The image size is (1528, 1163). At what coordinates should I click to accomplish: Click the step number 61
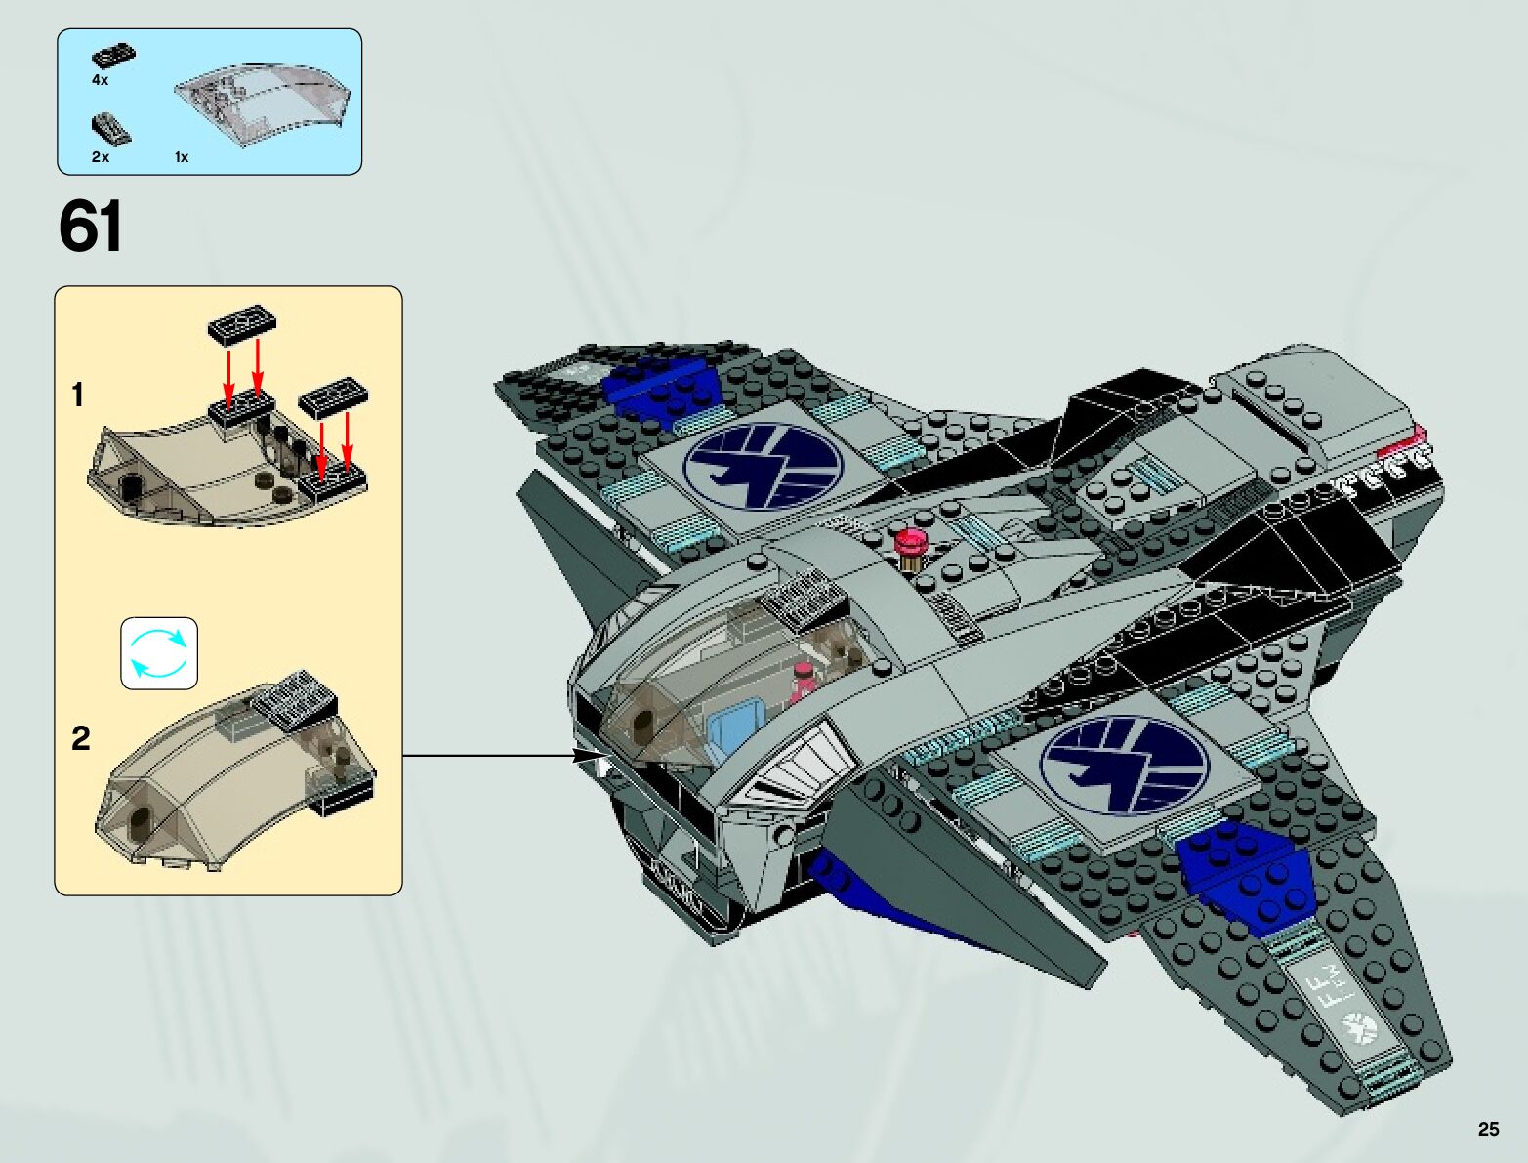pos(91,227)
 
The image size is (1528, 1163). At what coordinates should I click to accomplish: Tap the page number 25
pos(1488,1129)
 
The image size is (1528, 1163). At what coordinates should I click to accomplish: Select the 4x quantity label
pos(100,80)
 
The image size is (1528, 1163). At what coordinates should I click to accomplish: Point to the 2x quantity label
pos(100,156)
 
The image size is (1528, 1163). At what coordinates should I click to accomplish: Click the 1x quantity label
pos(182,156)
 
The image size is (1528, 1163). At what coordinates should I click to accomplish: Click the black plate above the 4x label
pos(113,57)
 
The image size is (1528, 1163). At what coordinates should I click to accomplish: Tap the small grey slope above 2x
pos(110,128)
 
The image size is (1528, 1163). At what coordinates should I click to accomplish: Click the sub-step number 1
pos(77,395)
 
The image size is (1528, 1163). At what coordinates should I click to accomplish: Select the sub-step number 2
pos(80,738)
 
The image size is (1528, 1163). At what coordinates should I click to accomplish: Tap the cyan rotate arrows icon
pos(159,653)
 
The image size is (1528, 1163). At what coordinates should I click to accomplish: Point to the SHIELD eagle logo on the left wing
pos(763,467)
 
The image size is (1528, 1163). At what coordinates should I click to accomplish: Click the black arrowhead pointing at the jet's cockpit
pos(588,755)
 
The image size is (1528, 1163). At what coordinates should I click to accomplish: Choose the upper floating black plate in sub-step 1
pos(242,322)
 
